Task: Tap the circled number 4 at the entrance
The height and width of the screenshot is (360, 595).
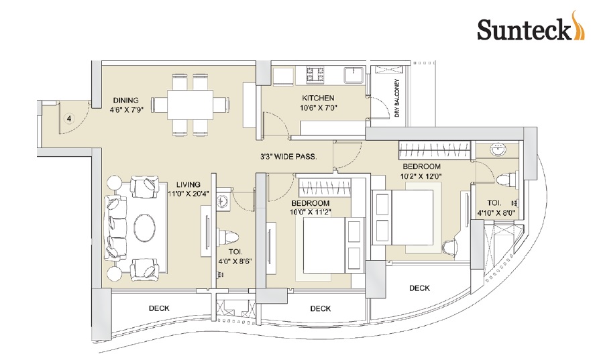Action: pos(68,119)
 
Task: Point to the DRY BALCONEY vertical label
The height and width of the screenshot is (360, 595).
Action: pos(397,99)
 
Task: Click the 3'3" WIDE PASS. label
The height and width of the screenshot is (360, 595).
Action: pos(288,158)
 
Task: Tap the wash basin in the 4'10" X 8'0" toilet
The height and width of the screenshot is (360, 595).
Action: pos(498,151)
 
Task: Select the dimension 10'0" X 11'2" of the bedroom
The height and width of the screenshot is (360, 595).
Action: pos(310,213)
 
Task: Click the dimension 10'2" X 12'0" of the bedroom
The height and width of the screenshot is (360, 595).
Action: pos(421,177)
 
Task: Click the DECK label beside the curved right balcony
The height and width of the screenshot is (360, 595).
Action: pos(419,288)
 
